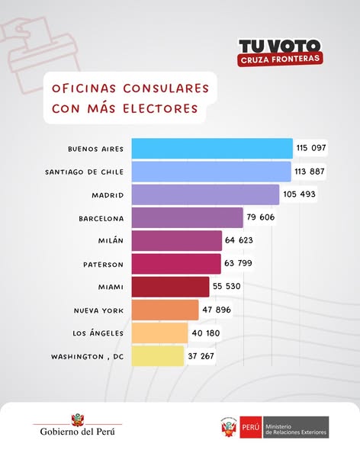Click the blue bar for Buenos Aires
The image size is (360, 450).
(x=212, y=148)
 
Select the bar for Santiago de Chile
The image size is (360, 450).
(x=211, y=171)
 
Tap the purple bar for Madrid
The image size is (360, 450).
(x=205, y=194)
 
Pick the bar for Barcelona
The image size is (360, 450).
(x=187, y=218)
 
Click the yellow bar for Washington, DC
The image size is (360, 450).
(x=158, y=356)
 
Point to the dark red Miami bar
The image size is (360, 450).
(x=170, y=287)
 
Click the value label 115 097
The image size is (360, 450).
(x=311, y=148)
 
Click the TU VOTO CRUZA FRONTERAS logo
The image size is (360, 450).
(x=279, y=51)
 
